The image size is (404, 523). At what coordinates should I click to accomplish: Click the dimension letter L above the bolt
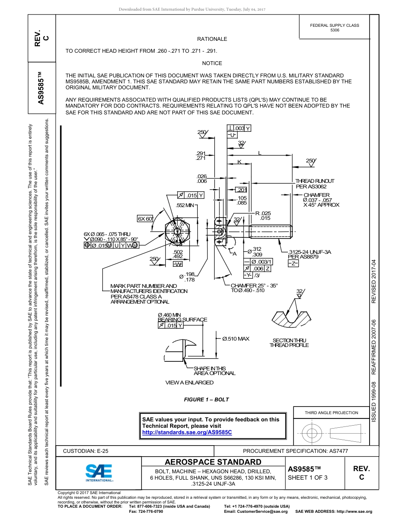click(260, 153)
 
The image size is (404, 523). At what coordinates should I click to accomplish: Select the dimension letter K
click(239, 162)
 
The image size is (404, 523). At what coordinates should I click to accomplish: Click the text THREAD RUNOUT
click(315, 181)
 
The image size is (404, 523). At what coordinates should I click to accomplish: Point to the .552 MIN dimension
click(185, 205)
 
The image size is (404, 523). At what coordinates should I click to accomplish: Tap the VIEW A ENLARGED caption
click(189, 383)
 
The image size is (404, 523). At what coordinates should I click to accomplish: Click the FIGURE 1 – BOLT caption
click(206, 400)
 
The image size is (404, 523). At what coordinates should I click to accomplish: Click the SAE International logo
click(99, 473)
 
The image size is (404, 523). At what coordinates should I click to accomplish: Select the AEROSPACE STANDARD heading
click(213, 462)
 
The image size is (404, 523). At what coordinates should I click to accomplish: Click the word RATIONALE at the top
click(212, 39)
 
